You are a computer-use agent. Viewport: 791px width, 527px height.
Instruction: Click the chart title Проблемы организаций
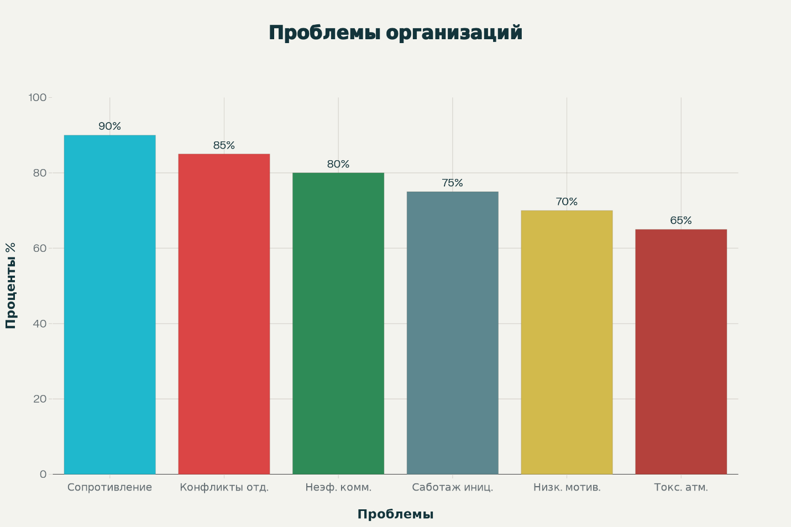point(395,33)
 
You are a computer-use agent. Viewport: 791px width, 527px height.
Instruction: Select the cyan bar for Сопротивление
point(109,304)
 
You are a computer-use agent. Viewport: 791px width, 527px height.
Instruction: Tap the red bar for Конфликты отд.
point(224,314)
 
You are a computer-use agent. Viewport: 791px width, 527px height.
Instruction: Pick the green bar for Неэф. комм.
point(338,323)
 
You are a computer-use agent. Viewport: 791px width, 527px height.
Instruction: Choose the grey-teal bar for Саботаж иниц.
point(452,333)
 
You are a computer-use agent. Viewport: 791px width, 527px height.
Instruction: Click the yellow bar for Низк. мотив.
point(567,342)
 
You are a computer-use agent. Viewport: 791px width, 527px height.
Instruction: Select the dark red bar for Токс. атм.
point(681,351)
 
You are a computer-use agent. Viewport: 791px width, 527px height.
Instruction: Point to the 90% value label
point(109,127)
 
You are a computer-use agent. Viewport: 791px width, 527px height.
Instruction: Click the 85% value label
point(224,145)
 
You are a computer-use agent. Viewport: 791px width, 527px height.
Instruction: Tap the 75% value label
point(452,183)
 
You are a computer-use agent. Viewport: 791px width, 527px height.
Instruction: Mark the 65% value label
point(681,220)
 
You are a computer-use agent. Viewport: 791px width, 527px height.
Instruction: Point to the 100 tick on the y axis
point(38,98)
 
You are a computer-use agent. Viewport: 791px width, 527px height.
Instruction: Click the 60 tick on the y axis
point(40,248)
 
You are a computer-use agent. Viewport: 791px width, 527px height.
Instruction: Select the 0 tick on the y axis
point(43,474)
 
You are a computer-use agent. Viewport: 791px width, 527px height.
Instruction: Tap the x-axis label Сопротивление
point(109,487)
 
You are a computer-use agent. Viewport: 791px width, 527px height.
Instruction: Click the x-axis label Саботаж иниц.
point(452,487)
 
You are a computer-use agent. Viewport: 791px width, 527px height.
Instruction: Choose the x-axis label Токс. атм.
point(681,487)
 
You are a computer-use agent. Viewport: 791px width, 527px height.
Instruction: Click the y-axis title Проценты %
point(11,286)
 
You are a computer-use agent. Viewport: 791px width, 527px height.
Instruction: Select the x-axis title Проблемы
point(395,514)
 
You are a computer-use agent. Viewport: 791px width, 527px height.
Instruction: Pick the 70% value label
point(567,202)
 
